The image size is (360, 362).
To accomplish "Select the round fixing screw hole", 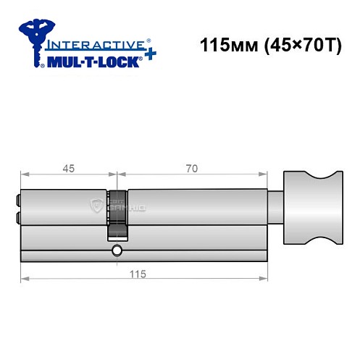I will tap(117, 252).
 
